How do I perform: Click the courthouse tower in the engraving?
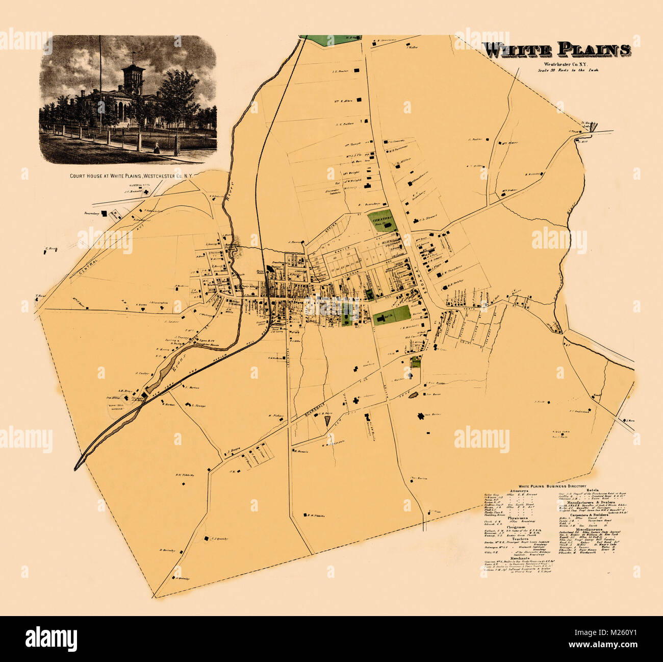[133, 77]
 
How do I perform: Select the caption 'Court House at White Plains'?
[131, 176]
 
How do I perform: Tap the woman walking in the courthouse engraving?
[157, 148]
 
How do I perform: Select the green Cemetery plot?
[382, 220]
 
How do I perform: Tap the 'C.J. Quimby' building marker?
[206, 538]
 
